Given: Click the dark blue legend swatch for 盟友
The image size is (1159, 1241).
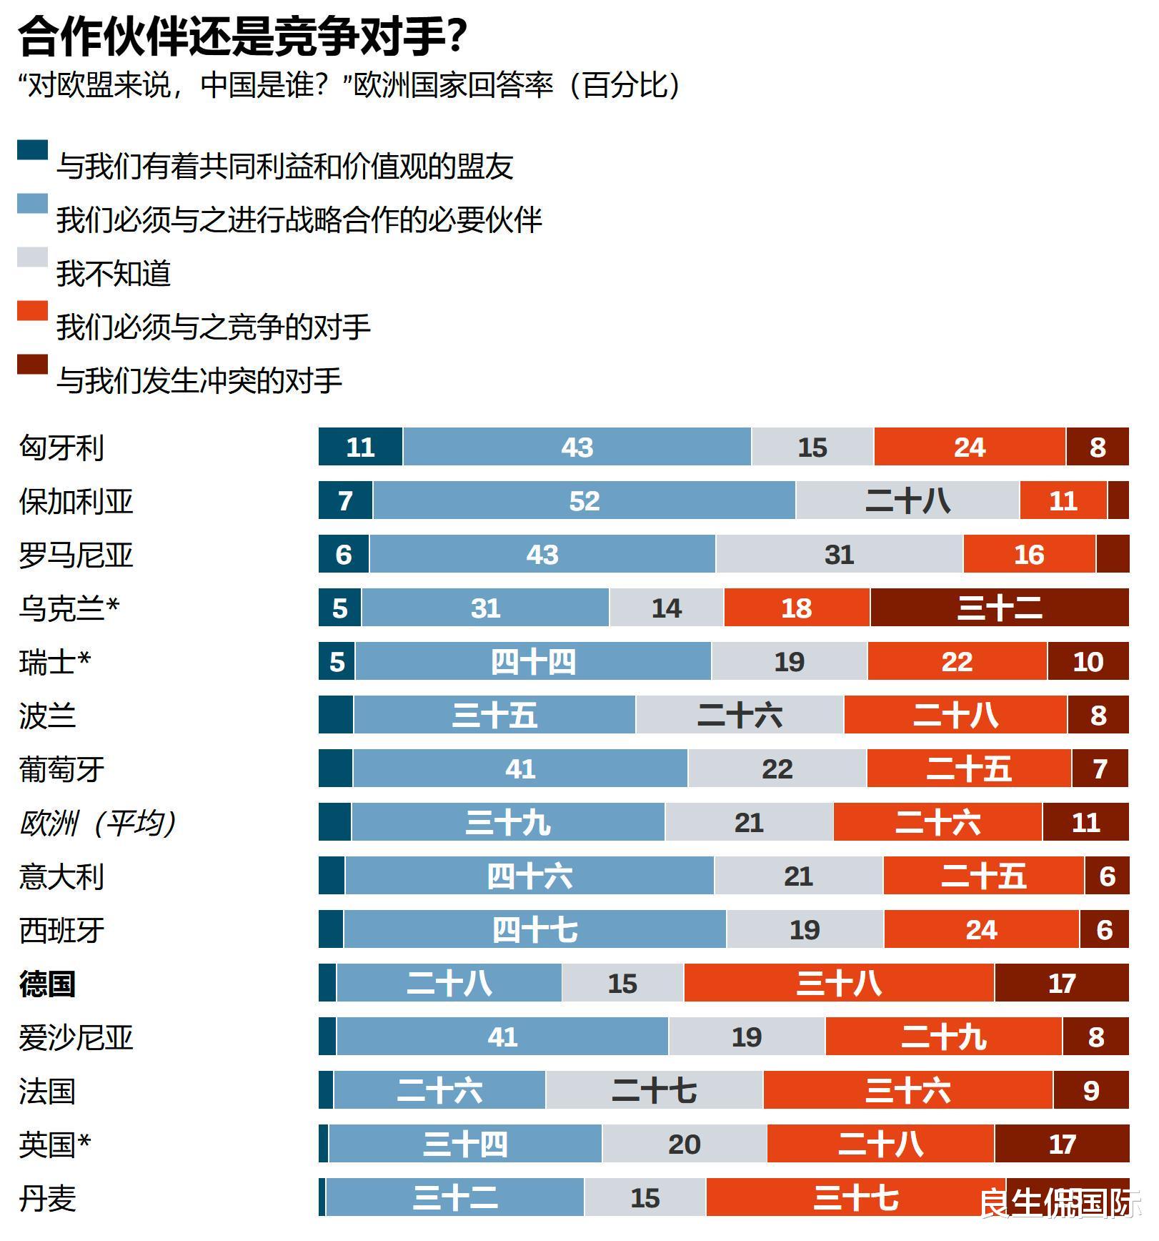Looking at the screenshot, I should pos(32,150).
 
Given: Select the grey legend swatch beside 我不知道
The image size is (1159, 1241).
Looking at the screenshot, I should pos(32,257).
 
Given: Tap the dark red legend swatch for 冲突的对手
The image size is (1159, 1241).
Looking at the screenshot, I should pos(32,365).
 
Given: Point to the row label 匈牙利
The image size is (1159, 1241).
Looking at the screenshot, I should pos(62,448).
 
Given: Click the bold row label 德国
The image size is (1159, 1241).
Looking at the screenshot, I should pos(47,984).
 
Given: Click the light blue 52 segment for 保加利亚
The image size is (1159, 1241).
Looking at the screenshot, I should pos(584,500).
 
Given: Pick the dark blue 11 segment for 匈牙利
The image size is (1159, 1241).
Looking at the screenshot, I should pos(360,448).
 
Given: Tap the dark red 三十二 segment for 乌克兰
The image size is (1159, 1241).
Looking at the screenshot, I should pos(999,608).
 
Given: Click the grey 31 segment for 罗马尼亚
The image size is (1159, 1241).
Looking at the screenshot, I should pos(839,555).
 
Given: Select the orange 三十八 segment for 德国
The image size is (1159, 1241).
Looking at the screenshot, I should pos(839,984).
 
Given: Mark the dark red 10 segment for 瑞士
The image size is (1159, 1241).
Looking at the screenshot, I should pos(1088,662).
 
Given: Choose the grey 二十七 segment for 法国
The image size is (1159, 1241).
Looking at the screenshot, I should pos(654,1091).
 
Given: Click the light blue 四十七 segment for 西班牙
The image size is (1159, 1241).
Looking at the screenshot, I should pos(534,930).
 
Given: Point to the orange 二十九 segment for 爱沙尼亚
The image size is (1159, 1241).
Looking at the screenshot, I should pos(943,1037).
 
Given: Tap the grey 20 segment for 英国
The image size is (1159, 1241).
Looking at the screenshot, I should pos(684,1144).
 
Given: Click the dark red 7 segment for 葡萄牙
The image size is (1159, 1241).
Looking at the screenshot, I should pos(1100,769).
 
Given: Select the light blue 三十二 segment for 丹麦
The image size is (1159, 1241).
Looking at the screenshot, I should pos(454,1198).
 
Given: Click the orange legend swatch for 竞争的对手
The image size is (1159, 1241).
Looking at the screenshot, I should pos(32,311).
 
